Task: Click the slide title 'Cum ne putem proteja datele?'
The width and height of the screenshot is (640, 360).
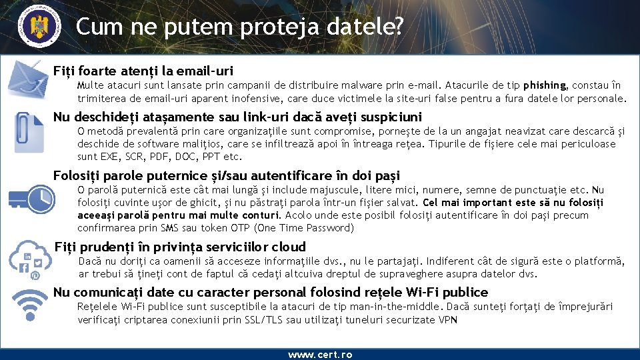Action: click(239, 26)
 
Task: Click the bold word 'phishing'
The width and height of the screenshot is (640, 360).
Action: click(545, 85)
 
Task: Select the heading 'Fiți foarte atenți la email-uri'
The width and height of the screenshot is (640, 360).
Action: click(143, 70)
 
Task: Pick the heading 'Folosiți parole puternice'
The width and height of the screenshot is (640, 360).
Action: click(227, 175)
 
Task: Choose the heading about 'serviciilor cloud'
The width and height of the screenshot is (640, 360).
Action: click(180, 247)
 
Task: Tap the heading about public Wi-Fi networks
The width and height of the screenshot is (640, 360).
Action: click(271, 292)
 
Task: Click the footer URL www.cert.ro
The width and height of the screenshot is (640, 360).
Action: click(320, 355)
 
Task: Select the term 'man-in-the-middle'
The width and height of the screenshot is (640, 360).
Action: click(397, 307)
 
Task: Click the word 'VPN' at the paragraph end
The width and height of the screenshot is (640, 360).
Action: click(448, 320)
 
